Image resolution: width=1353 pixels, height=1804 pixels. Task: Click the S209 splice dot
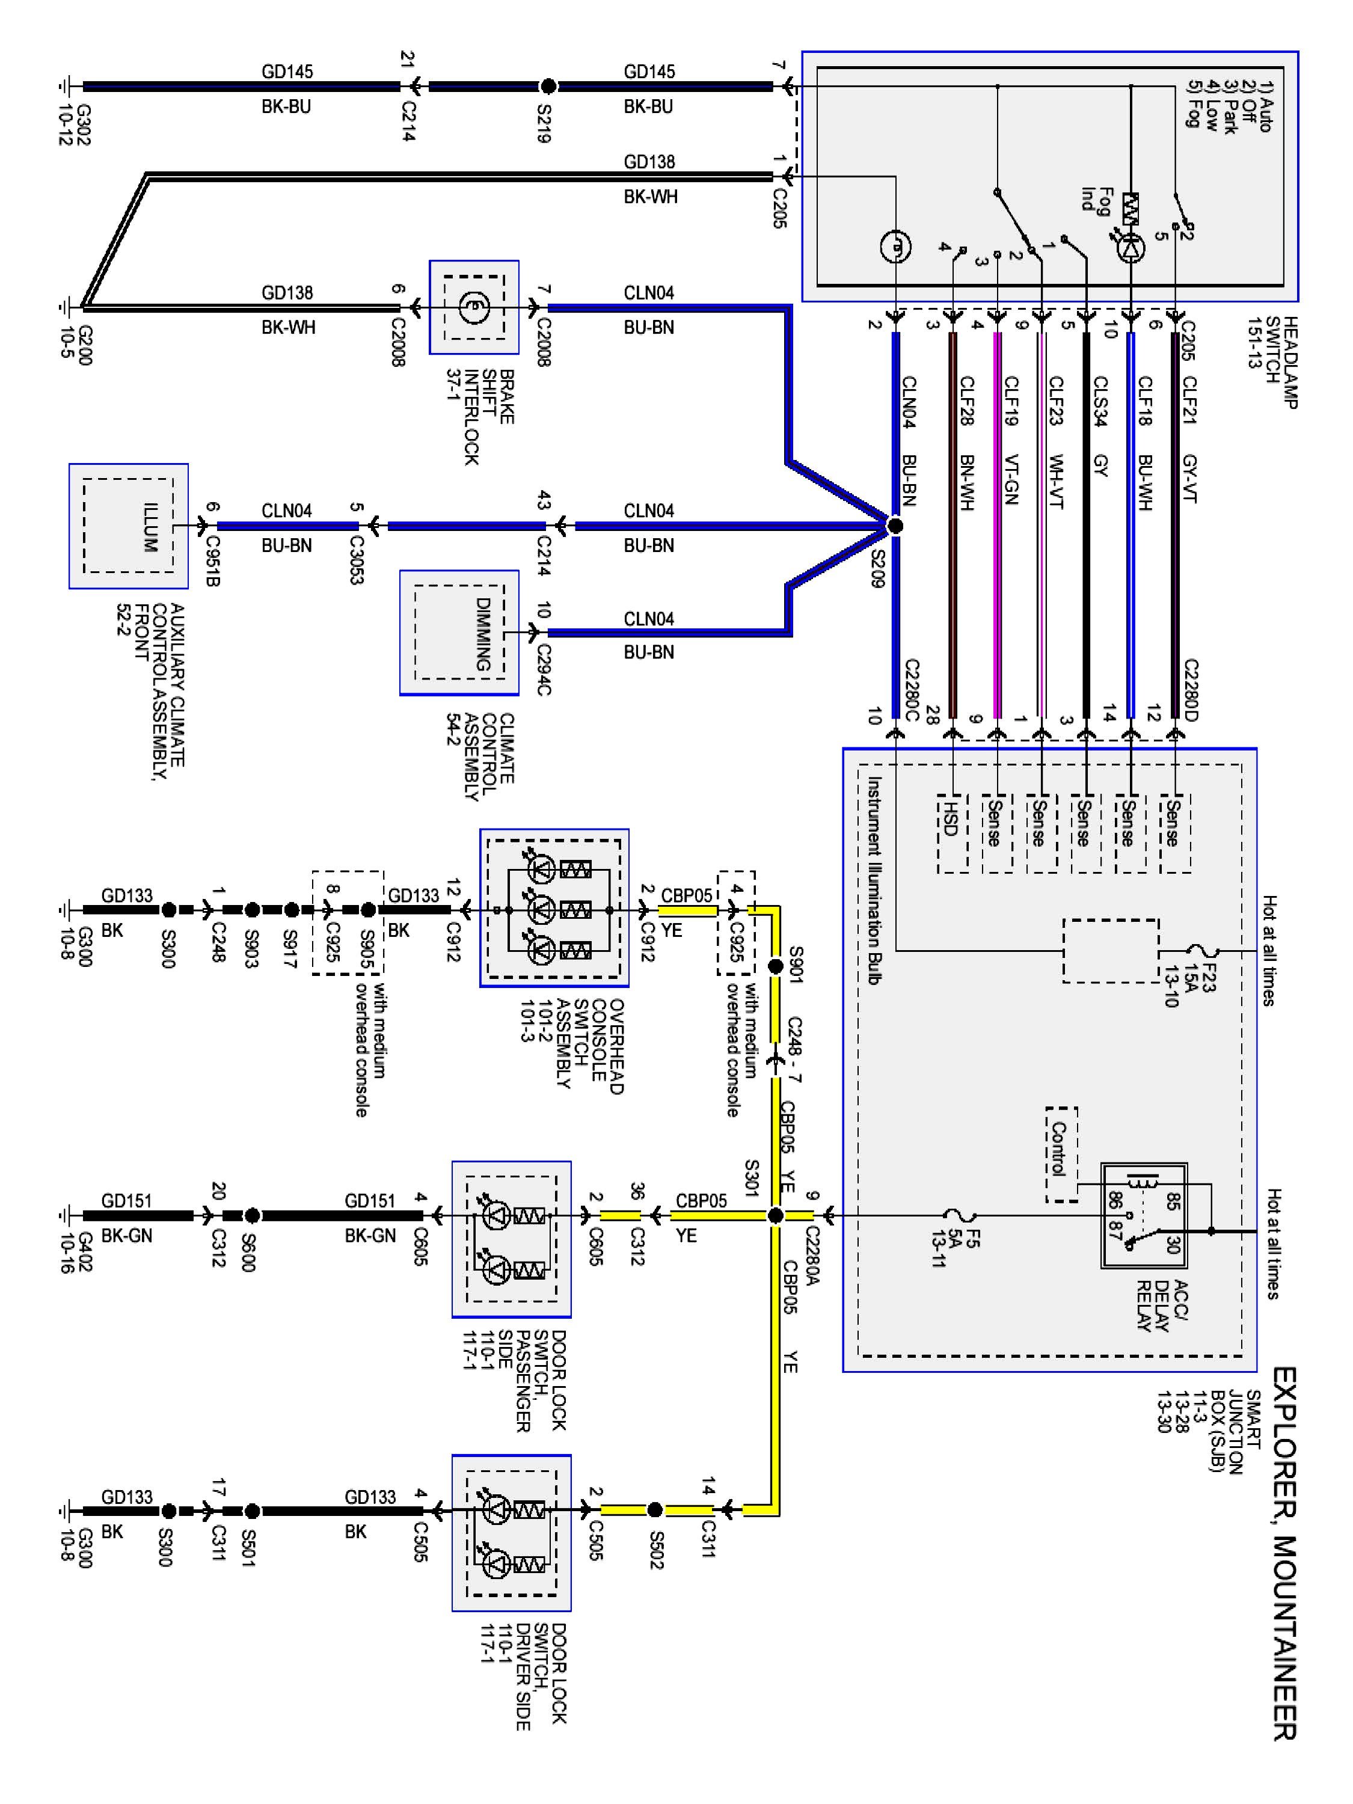click(x=895, y=526)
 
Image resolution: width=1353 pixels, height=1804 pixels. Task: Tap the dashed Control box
click(x=1061, y=1154)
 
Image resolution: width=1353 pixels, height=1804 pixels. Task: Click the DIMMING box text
click(x=483, y=634)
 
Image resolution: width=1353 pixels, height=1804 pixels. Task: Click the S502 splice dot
click(x=654, y=1511)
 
